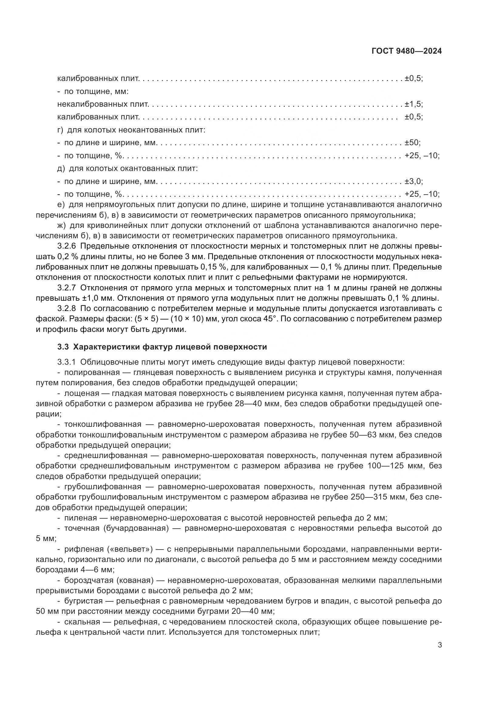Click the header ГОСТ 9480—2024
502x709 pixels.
pyautogui.click(x=406, y=51)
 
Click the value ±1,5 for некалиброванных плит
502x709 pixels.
pyautogui.click(x=413, y=104)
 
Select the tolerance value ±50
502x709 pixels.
pyautogui.click(x=412, y=143)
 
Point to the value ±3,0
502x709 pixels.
pyautogui.click(x=413, y=181)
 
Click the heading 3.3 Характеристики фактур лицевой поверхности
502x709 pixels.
pyautogui.click(x=162, y=347)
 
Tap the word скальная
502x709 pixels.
pyautogui.click(x=82, y=622)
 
